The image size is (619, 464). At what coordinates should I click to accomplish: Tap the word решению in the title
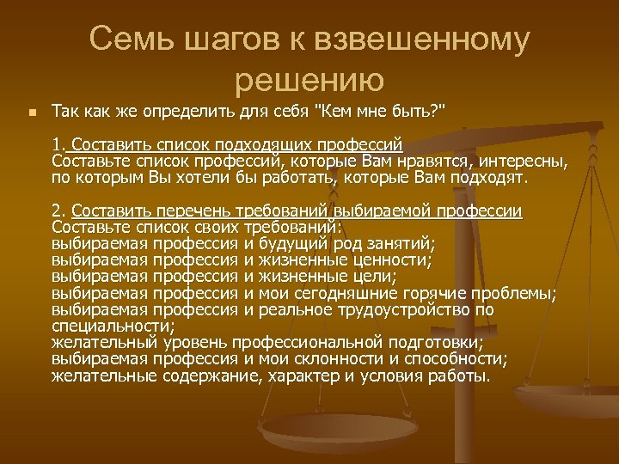pyautogui.click(x=309, y=80)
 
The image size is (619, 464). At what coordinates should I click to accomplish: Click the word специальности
pyautogui.click(x=113, y=326)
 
